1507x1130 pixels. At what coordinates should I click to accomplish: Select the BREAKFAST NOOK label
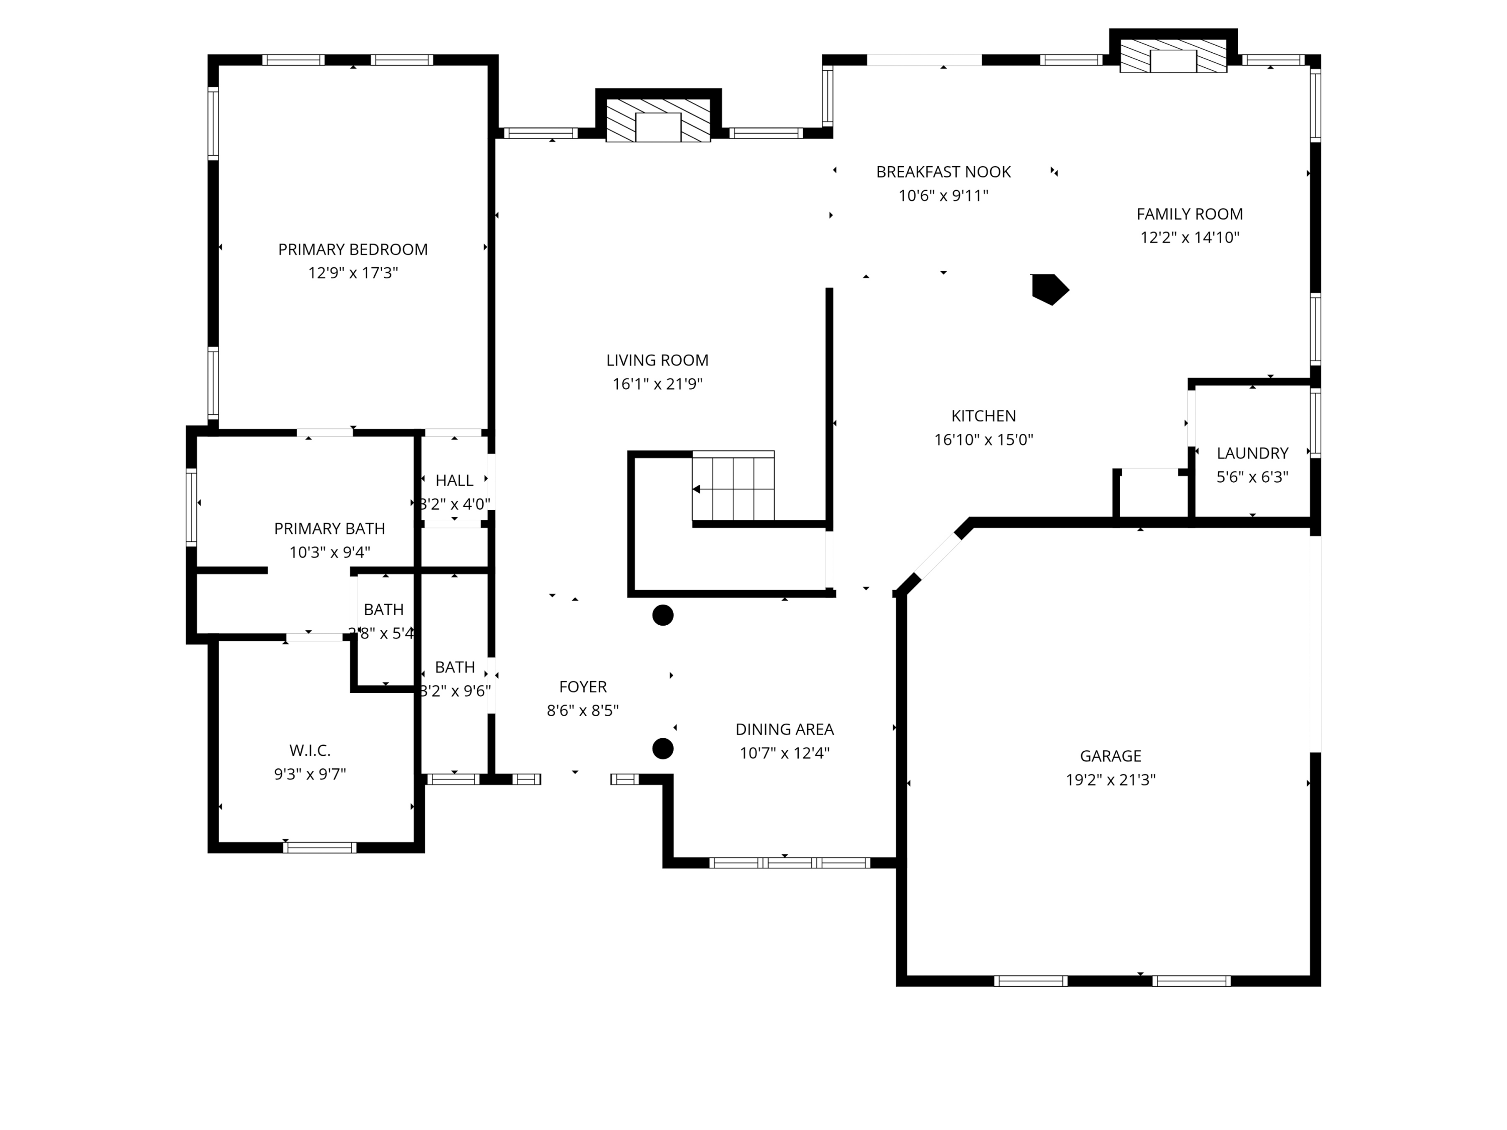tap(943, 172)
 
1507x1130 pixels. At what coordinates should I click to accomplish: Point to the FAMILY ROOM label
tap(1189, 214)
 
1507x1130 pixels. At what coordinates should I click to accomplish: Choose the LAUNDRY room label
tap(1252, 453)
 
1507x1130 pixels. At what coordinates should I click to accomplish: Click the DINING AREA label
tap(784, 730)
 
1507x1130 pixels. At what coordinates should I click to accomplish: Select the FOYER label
tap(583, 687)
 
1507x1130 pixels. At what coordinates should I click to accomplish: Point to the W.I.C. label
tap(310, 751)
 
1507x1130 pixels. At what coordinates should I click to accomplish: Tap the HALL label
tap(455, 481)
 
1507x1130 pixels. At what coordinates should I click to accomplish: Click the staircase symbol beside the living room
tap(733, 488)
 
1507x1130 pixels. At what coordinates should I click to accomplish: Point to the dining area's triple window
tap(789, 863)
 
